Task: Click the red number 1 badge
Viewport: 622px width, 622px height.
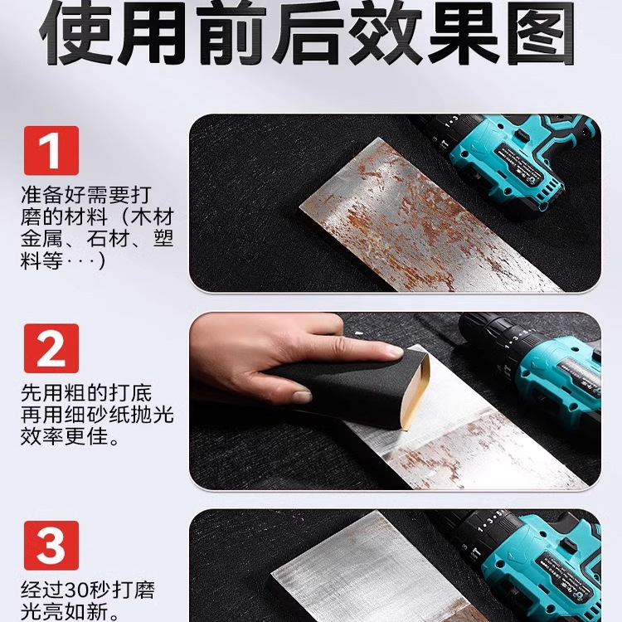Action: click(51, 150)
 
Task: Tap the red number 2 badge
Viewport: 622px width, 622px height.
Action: click(51, 347)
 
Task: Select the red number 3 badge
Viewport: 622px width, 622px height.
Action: click(51, 545)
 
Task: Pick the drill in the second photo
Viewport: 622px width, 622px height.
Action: click(539, 365)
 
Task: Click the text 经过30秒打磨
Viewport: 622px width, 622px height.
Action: click(88, 591)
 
